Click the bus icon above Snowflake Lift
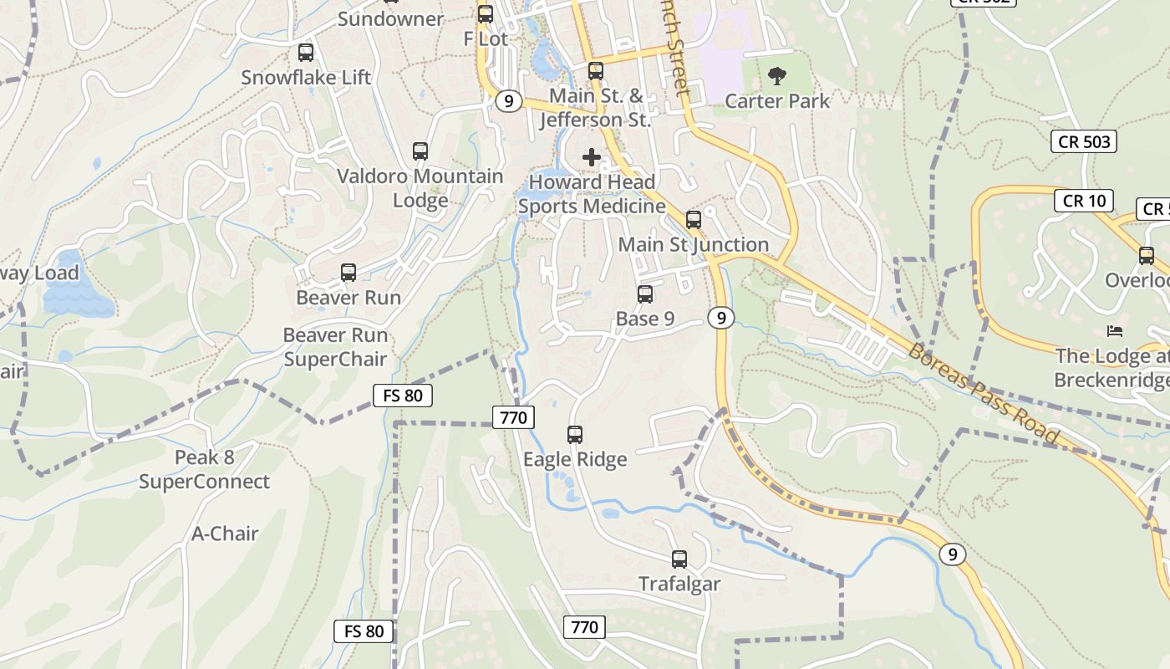[x=306, y=53]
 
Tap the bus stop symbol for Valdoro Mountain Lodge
[x=420, y=151]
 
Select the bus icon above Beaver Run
[x=348, y=273]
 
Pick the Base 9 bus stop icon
[x=645, y=294]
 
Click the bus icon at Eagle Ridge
[x=575, y=435]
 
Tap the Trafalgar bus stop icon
[x=679, y=559]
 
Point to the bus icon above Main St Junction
[x=694, y=220]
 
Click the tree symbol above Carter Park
[x=777, y=77]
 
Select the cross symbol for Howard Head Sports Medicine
[x=592, y=157]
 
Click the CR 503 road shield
[x=1084, y=141]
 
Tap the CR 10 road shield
[x=1084, y=201]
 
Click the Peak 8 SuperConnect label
[x=204, y=470]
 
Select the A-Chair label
[x=225, y=534]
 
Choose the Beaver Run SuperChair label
[x=335, y=347]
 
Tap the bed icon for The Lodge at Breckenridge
[x=1114, y=331]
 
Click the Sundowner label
[x=390, y=18]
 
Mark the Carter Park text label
[x=777, y=101]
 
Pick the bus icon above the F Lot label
[x=486, y=14]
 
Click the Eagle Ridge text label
[x=575, y=459]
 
